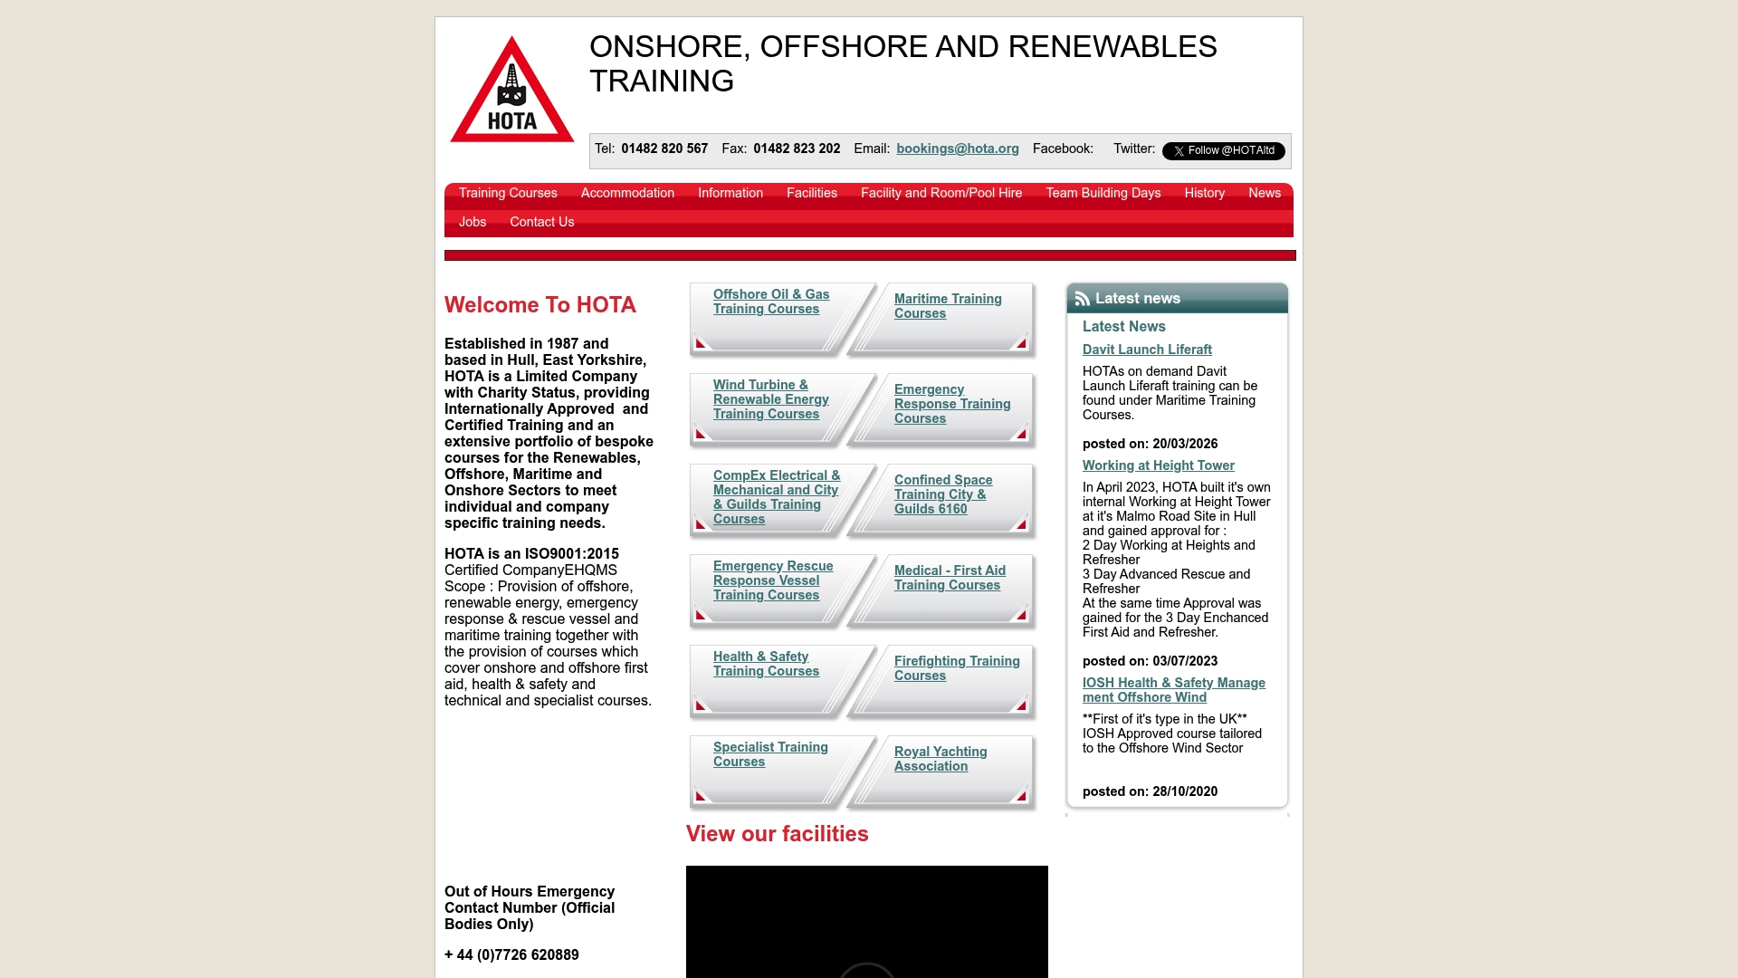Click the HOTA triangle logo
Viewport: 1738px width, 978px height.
[512, 91]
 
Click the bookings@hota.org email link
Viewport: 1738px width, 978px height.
[957, 149]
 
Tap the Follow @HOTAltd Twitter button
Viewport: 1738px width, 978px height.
[1223, 151]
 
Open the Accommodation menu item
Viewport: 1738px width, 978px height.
[627, 194]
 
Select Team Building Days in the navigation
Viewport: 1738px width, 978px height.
[1103, 194]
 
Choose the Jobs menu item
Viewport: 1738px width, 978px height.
[473, 223]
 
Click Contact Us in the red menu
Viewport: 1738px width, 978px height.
[541, 223]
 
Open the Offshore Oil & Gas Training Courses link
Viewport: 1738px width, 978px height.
[770, 302]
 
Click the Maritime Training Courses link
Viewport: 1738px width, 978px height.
[947, 307]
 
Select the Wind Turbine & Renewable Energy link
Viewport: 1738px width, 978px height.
[770, 400]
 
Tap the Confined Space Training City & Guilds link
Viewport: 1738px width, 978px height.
[942, 495]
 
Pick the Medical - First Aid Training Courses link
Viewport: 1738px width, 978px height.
[949, 579]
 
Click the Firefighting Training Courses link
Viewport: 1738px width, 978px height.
[956, 669]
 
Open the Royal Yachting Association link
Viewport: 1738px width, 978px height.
[940, 760]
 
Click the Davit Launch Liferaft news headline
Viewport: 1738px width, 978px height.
[1147, 350]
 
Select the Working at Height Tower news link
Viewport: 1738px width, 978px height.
[1158, 466]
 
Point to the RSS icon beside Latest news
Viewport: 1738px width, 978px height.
[1082, 299]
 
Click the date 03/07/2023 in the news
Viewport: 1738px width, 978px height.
[1185, 662]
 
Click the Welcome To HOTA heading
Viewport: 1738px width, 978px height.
[540, 306]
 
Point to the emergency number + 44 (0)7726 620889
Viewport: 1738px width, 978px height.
[511, 955]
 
